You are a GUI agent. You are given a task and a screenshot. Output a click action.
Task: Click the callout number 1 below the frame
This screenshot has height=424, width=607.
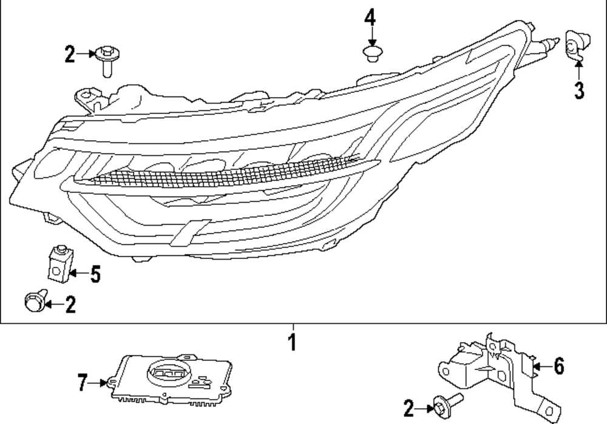point(292,342)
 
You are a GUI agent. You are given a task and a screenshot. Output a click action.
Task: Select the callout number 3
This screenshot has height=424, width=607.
point(579,90)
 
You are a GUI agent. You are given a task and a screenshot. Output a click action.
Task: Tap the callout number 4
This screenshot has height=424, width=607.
point(370,18)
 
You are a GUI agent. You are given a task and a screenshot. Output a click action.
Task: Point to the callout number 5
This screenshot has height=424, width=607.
point(95,275)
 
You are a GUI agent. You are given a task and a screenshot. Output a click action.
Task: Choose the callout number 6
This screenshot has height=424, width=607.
point(558,366)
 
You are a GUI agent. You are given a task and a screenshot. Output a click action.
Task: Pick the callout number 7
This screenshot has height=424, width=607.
point(83,383)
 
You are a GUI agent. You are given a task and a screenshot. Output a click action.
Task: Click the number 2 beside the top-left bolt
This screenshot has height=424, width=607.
point(70,56)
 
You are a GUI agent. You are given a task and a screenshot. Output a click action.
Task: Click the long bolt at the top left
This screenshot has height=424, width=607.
point(107,61)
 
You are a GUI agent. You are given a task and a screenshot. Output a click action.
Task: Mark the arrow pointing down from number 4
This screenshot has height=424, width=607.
point(370,35)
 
